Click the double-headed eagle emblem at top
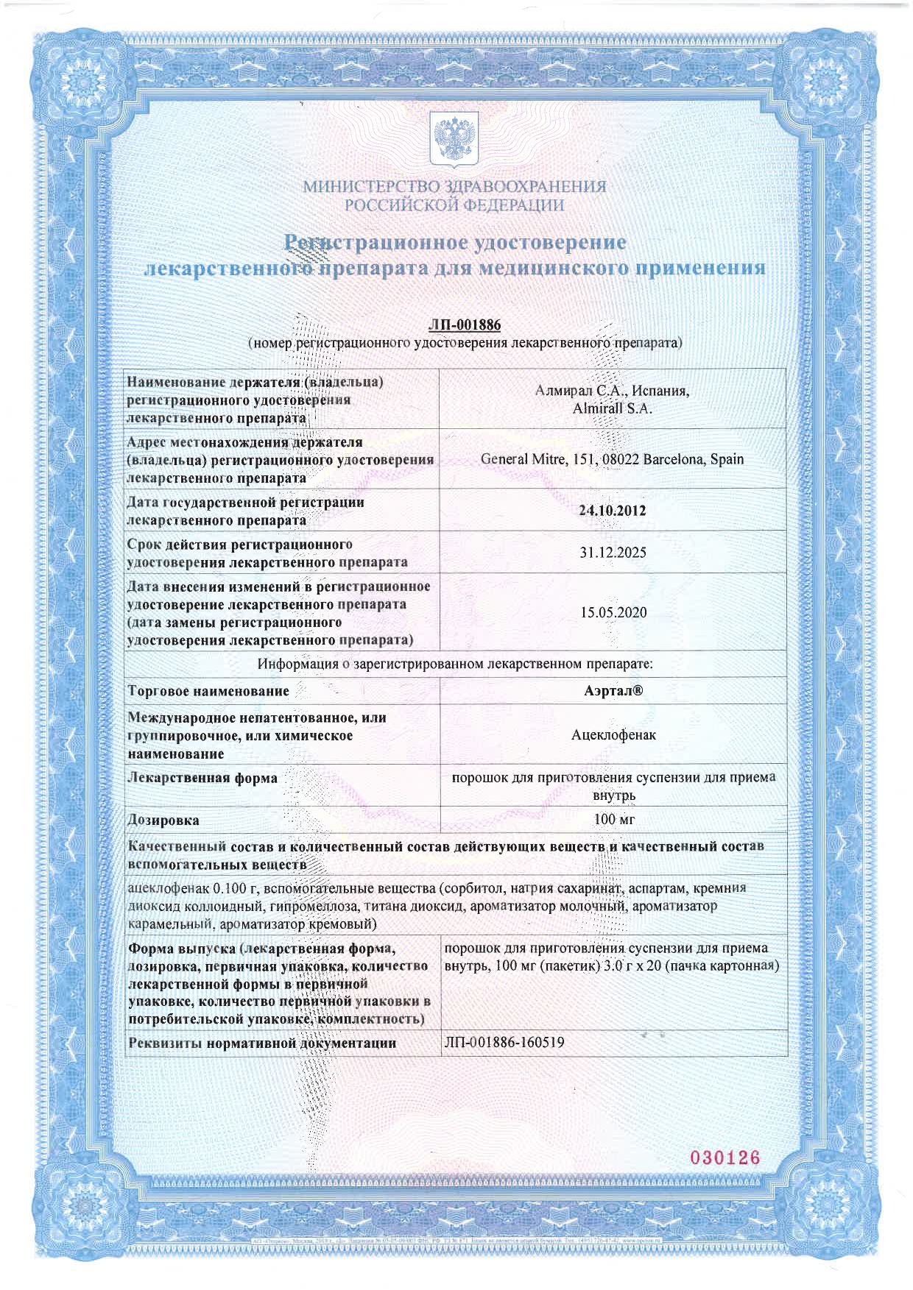tap(454, 138)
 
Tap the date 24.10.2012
tap(612, 511)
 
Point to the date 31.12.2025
tap(612, 553)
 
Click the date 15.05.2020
tap(613, 612)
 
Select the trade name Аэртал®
tap(613, 691)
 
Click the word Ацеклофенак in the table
tap(613, 734)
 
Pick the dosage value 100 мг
tap(613, 819)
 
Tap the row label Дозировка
tap(163, 820)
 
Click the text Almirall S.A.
tap(612, 408)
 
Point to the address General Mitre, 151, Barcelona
tap(612, 459)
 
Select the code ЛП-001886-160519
tap(504, 1042)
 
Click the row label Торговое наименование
tap(208, 691)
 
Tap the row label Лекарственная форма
tap(202, 778)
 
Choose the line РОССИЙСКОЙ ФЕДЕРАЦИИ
tap(454, 205)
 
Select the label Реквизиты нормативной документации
tap(262, 1043)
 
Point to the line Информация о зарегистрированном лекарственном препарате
tap(454, 664)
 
